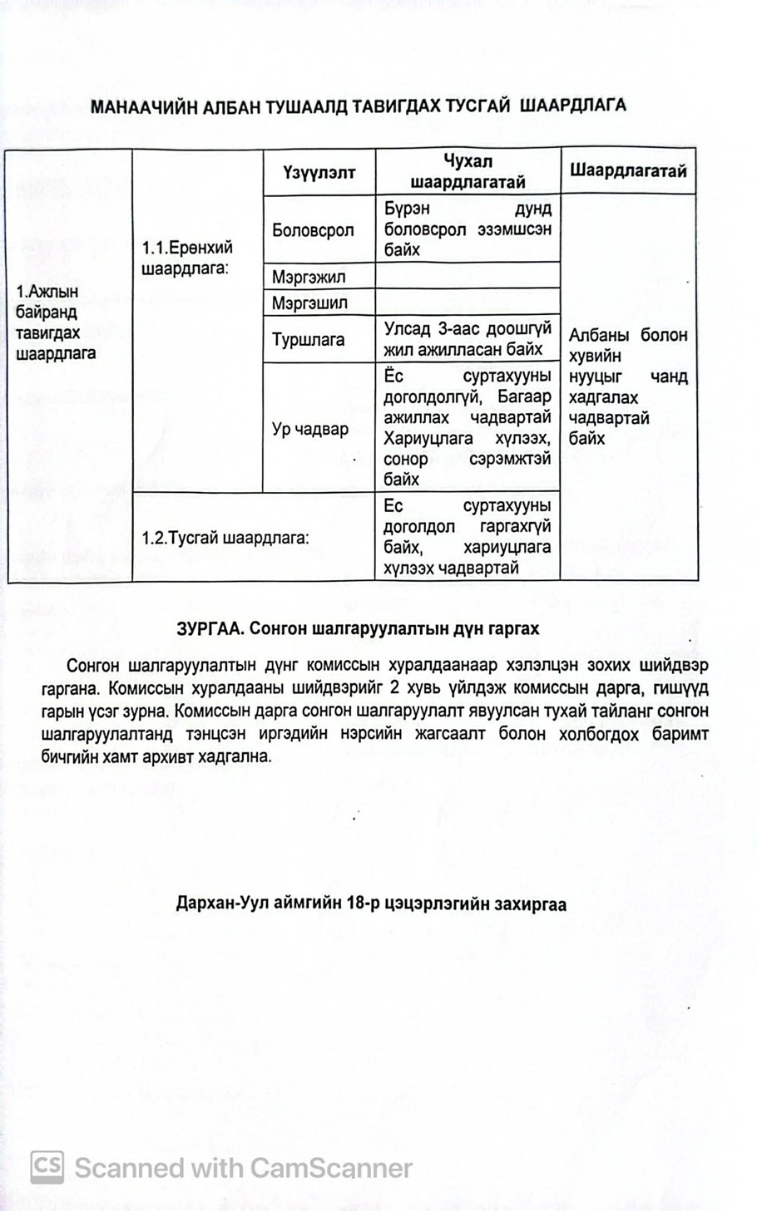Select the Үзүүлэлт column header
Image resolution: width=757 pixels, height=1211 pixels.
(319, 172)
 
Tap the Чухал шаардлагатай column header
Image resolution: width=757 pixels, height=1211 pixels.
(468, 171)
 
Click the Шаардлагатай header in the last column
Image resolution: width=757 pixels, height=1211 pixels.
(628, 171)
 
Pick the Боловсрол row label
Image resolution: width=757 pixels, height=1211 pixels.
(313, 230)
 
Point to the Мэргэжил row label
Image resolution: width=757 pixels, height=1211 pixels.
(308, 276)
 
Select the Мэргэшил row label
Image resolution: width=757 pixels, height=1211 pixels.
(309, 303)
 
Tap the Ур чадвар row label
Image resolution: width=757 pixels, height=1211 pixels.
(309, 430)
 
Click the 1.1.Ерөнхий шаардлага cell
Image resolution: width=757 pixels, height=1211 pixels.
(187, 258)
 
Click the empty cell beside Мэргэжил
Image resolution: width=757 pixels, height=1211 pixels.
(468, 276)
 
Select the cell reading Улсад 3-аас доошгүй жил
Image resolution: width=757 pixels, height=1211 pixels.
(468, 339)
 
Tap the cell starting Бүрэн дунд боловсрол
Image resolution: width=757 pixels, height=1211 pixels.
(468, 229)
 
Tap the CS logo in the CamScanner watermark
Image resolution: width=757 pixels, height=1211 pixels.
(47, 1167)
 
